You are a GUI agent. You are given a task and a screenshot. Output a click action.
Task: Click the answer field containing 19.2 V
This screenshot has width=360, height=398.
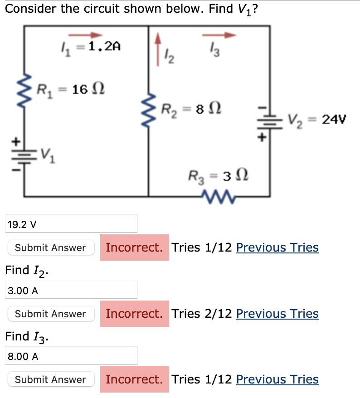[x=71, y=223]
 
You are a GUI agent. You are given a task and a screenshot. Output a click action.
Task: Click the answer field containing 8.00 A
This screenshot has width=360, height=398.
[x=71, y=356]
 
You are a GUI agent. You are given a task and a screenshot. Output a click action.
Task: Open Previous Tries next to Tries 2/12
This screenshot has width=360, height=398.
[x=277, y=314]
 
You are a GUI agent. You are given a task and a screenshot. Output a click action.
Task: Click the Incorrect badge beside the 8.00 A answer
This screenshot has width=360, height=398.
[x=134, y=379]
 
